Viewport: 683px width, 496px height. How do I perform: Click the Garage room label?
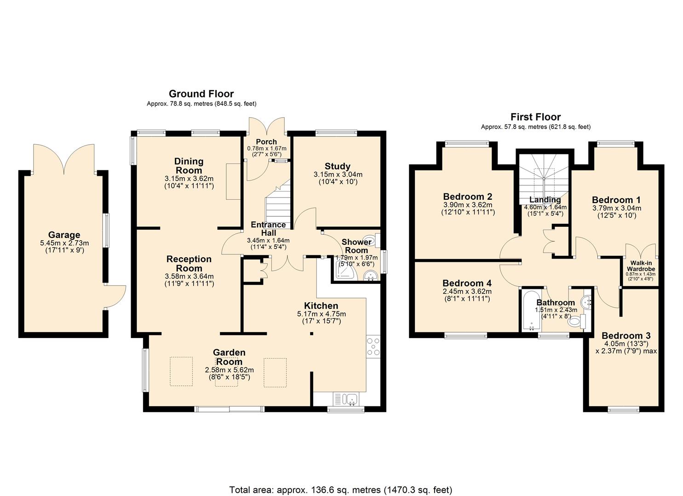coord(64,235)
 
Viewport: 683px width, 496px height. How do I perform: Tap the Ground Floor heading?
coord(201,94)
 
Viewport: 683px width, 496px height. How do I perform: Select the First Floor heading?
coord(535,117)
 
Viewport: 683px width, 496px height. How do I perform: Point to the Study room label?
coord(337,166)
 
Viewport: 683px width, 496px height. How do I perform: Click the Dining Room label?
coord(189,166)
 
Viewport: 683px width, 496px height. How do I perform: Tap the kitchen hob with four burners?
coord(373,347)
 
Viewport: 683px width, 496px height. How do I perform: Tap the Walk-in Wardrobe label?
coord(640,266)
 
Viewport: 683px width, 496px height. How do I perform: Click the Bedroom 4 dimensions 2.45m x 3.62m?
coord(467,292)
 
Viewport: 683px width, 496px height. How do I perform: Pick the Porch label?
coord(266,142)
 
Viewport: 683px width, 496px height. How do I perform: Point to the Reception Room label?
coord(189,264)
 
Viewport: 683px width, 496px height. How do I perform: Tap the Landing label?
coord(545,200)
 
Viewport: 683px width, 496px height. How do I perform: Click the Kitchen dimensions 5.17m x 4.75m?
coord(321,314)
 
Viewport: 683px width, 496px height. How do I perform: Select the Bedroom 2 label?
coord(467,197)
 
